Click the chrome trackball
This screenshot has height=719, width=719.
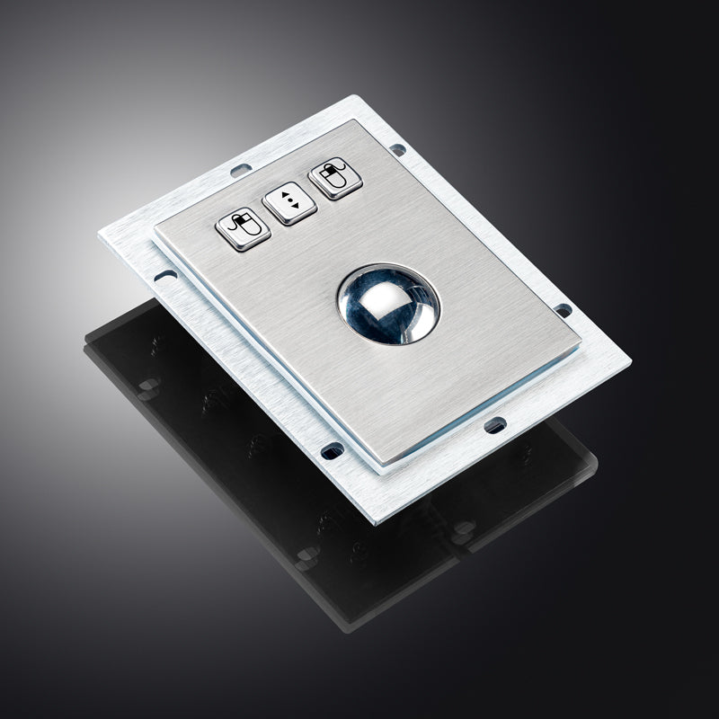[388, 305]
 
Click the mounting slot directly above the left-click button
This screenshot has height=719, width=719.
[237, 169]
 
